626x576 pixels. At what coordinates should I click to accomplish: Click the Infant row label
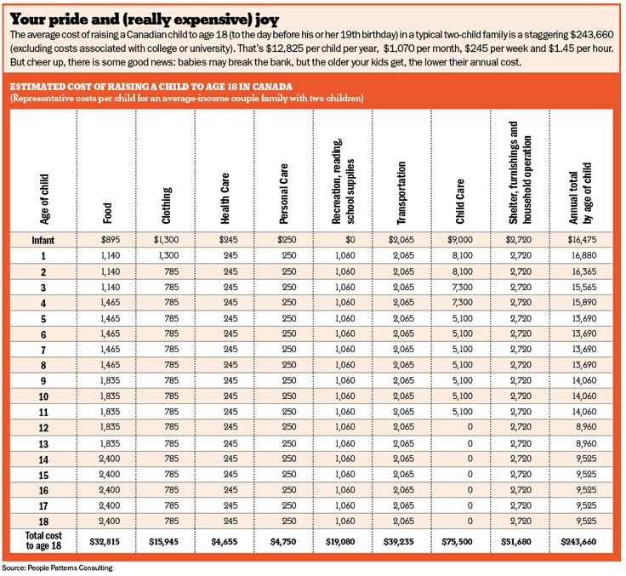(43, 240)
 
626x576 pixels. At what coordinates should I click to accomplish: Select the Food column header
(107, 213)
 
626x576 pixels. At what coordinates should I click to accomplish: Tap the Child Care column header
(460, 201)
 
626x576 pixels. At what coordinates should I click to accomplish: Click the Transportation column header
(401, 192)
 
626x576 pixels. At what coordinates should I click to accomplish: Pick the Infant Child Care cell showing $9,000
(460, 240)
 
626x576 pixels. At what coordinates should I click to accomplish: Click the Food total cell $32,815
(105, 542)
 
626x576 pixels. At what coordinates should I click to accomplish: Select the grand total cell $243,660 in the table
(578, 542)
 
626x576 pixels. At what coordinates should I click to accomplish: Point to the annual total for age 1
(583, 255)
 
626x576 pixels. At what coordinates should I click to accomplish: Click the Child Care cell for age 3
(463, 287)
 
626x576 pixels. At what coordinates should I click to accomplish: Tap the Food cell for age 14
(110, 459)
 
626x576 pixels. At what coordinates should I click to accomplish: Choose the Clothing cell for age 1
(168, 255)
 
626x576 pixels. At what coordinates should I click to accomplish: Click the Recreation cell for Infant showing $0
(350, 240)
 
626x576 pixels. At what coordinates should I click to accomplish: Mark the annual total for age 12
(586, 427)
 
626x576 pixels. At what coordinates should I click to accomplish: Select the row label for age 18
(43, 522)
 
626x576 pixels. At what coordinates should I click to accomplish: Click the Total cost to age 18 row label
(43, 540)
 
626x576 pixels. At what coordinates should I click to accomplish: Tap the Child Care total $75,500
(457, 542)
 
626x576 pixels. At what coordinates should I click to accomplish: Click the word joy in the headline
(268, 20)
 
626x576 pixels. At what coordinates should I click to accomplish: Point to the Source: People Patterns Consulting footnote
(57, 567)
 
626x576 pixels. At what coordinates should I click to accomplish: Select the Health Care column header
(225, 198)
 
